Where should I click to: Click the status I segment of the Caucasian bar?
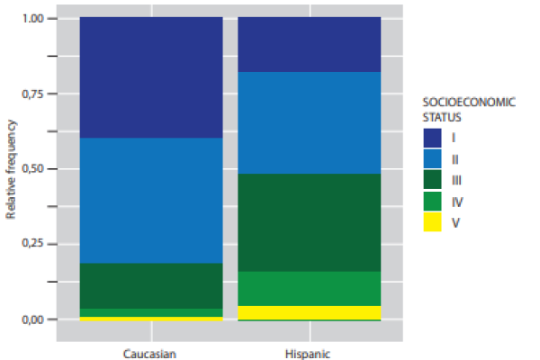click(151, 77)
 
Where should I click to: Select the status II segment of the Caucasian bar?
click(151, 200)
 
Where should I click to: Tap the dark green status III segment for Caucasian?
click(151, 285)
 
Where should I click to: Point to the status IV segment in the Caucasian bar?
click(151, 312)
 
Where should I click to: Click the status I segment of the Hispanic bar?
click(309, 44)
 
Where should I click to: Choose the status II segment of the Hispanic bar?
click(309, 122)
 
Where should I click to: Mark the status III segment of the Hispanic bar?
click(309, 222)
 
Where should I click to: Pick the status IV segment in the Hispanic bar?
click(309, 288)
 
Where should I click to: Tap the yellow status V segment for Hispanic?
click(309, 312)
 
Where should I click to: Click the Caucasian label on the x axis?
click(151, 353)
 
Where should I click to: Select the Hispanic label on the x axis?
click(309, 353)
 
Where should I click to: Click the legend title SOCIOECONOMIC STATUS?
click(469, 109)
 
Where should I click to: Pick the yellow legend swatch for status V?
click(434, 224)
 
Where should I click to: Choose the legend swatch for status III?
click(434, 181)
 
